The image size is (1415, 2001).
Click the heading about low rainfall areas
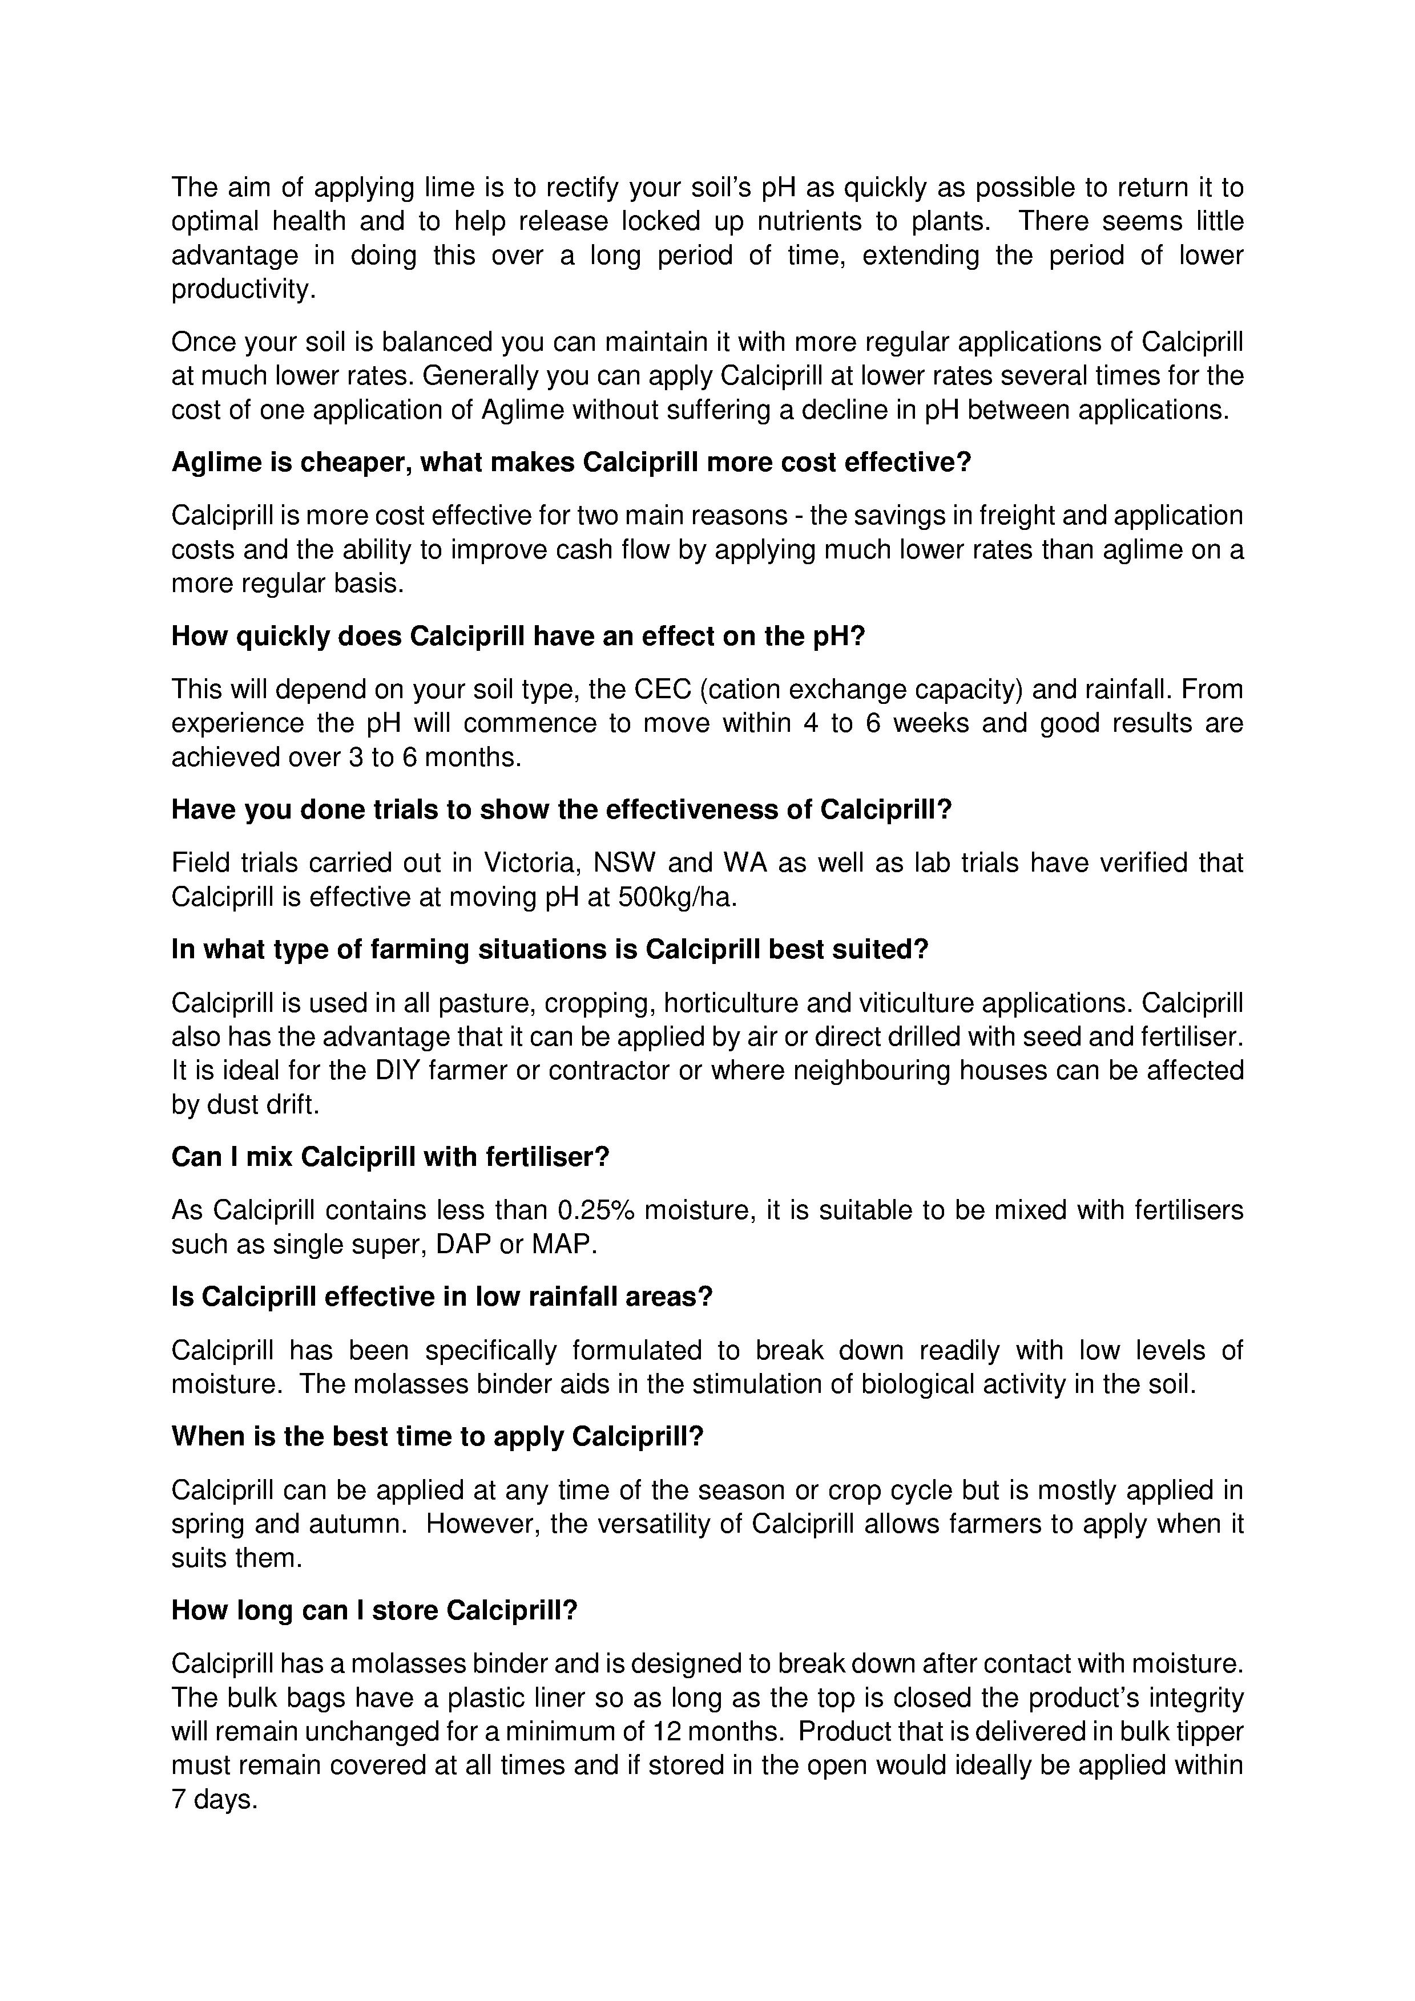442,1297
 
